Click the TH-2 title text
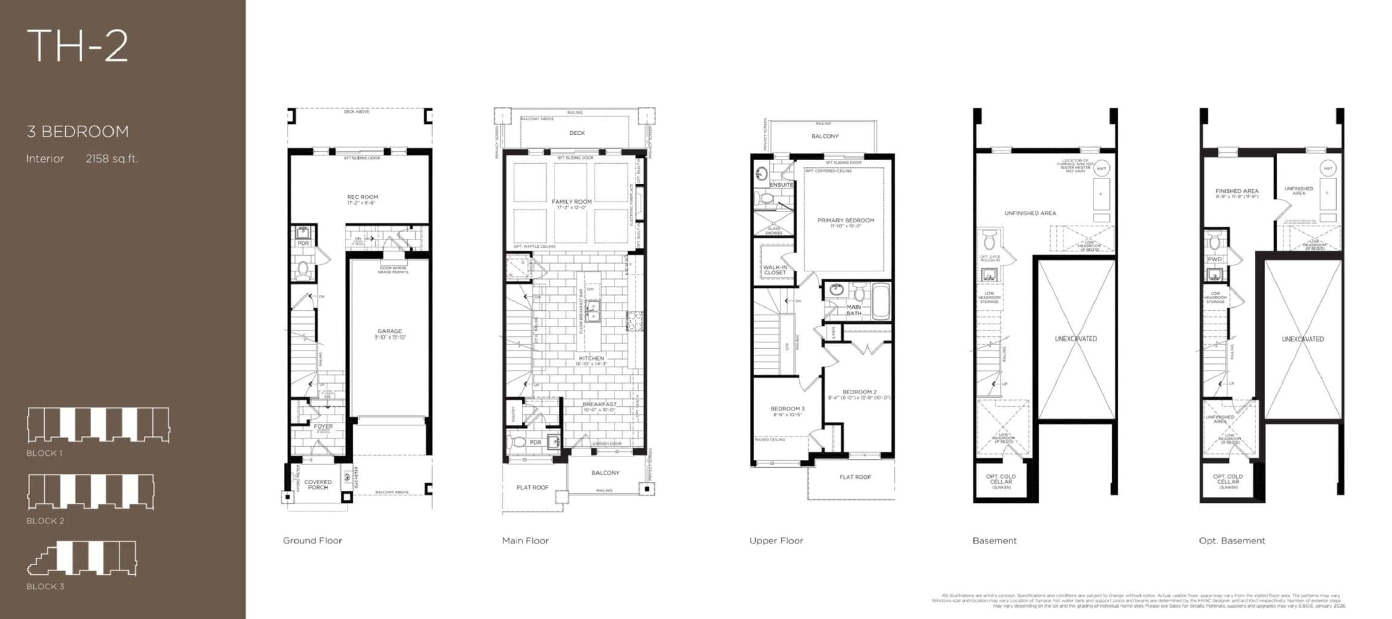77,46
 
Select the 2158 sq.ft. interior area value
112,158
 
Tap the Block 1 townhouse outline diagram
98,424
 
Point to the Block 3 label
45,586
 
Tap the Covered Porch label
318,484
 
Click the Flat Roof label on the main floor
532,487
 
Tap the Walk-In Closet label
775,270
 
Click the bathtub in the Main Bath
880,302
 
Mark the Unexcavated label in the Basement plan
1075,339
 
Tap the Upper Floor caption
776,540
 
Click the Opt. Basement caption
1231,540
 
